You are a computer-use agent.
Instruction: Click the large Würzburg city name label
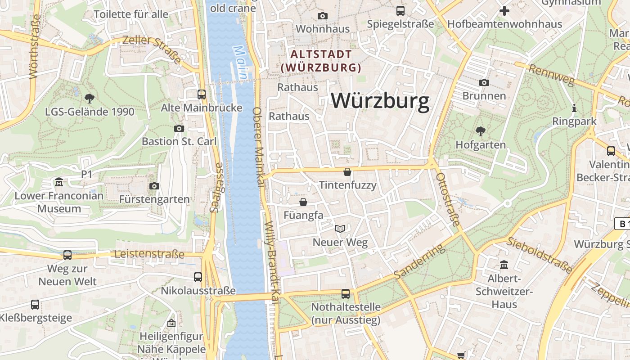click(380, 101)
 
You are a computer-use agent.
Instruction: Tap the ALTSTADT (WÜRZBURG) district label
click(321, 61)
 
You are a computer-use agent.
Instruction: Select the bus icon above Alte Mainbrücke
click(202, 94)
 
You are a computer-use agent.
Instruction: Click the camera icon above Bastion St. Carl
click(179, 128)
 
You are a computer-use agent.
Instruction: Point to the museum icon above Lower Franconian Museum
click(59, 182)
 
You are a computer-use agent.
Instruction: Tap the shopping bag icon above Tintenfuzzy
click(347, 171)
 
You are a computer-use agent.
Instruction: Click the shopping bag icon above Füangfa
click(303, 202)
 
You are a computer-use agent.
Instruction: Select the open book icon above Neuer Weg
click(340, 229)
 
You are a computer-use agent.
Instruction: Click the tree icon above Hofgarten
click(480, 131)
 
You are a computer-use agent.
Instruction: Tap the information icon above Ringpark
click(574, 108)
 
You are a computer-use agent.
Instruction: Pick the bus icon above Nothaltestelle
click(346, 293)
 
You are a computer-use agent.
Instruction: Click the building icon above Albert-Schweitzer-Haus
click(504, 265)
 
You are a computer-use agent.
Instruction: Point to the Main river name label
click(241, 63)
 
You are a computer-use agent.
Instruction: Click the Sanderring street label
click(419, 261)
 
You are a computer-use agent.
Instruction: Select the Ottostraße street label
click(448, 200)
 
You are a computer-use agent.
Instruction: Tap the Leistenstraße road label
click(149, 254)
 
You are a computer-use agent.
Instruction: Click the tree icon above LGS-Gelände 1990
click(90, 98)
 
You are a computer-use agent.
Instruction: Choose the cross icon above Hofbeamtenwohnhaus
click(504, 10)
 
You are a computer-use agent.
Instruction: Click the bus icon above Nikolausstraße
click(198, 277)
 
